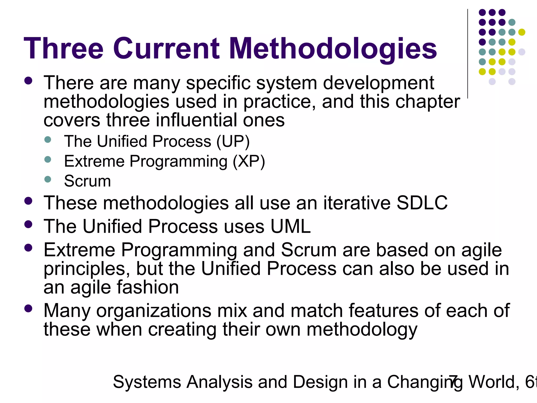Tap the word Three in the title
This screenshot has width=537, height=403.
tap(64, 49)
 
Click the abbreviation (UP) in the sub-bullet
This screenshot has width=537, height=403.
tap(233, 142)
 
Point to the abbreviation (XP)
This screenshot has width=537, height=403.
tap(249, 161)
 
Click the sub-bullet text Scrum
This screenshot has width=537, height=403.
tap(87, 181)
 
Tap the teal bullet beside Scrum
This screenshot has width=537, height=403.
tap(48, 179)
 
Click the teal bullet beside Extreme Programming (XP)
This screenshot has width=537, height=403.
tap(48, 160)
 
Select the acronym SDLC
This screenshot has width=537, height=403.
tap(422, 203)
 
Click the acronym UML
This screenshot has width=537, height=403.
tap(291, 226)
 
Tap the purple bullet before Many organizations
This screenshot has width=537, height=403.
tap(28, 309)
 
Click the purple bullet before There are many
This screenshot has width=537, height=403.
tap(28, 81)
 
